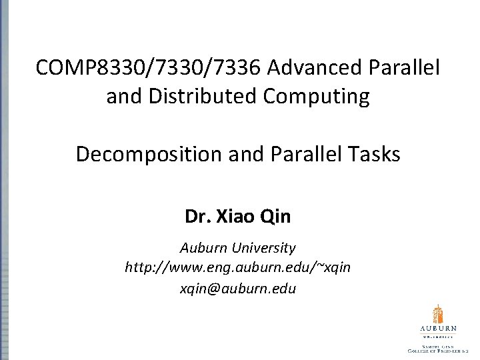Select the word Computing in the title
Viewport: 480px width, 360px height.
pyautogui.click(x=321, y=97)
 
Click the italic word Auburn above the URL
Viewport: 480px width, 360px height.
pyautogui.click(x=204, y=248)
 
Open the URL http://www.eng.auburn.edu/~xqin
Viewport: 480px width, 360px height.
pyautogui.click(x=238, y=268)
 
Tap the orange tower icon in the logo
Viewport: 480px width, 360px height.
pyautogui.click(x=438, y=313)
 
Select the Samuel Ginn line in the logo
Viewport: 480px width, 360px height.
pyautogui.click(x=438, y=345)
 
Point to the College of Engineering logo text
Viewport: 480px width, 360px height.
pyautogui.click(x=438, y=351)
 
